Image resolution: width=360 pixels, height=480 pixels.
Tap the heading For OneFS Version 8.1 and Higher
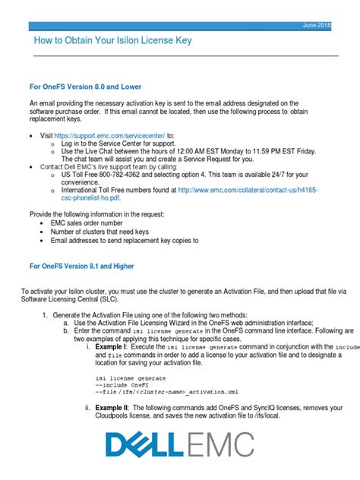89,267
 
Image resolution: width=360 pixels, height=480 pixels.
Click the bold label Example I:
112,346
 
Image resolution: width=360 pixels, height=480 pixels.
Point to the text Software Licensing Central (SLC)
71,298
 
